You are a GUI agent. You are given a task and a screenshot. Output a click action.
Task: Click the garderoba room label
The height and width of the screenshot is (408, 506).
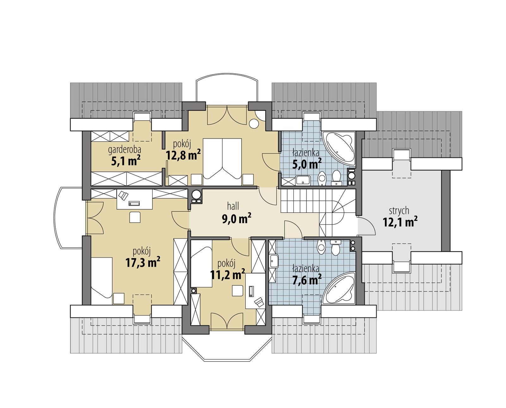124,149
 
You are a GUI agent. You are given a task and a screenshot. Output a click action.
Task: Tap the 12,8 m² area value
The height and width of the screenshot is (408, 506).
183,155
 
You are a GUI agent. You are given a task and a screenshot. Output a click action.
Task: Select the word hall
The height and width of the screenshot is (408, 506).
233,206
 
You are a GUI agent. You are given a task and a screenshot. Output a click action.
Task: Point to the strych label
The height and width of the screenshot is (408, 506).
399,210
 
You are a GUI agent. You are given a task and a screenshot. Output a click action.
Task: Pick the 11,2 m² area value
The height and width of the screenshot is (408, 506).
227,274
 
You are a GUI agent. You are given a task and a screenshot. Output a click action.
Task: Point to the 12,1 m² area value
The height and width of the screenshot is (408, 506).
400,222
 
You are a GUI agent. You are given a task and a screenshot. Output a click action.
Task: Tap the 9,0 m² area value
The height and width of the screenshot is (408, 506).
237,219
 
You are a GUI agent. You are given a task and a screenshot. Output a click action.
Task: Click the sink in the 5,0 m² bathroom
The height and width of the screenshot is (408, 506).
303,181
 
